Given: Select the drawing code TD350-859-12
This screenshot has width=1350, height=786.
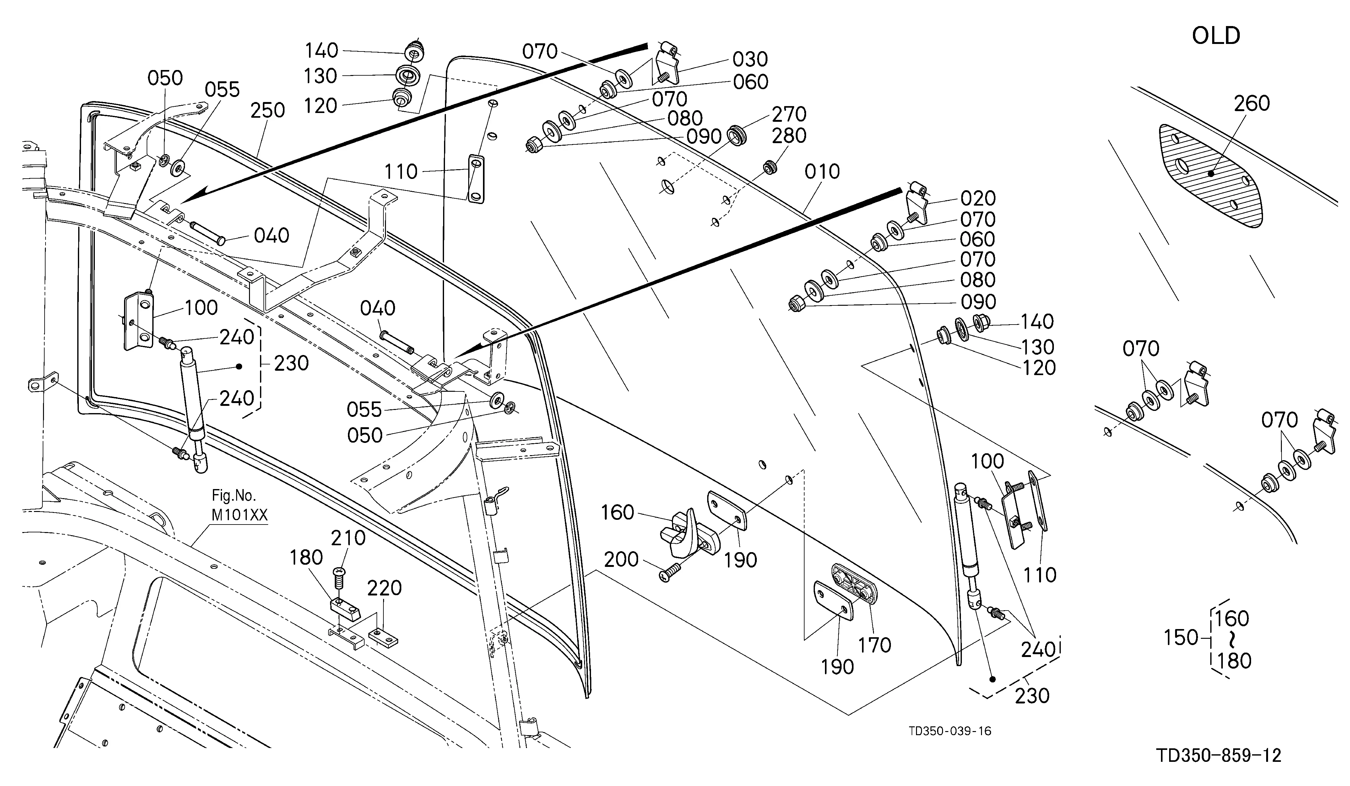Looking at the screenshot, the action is pos(1219,756).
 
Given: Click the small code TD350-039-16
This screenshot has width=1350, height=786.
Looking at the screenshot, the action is pos(950,731).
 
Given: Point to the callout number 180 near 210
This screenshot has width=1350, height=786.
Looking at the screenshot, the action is pos(306,558).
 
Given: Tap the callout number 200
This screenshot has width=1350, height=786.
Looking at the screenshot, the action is pos(621,559).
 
